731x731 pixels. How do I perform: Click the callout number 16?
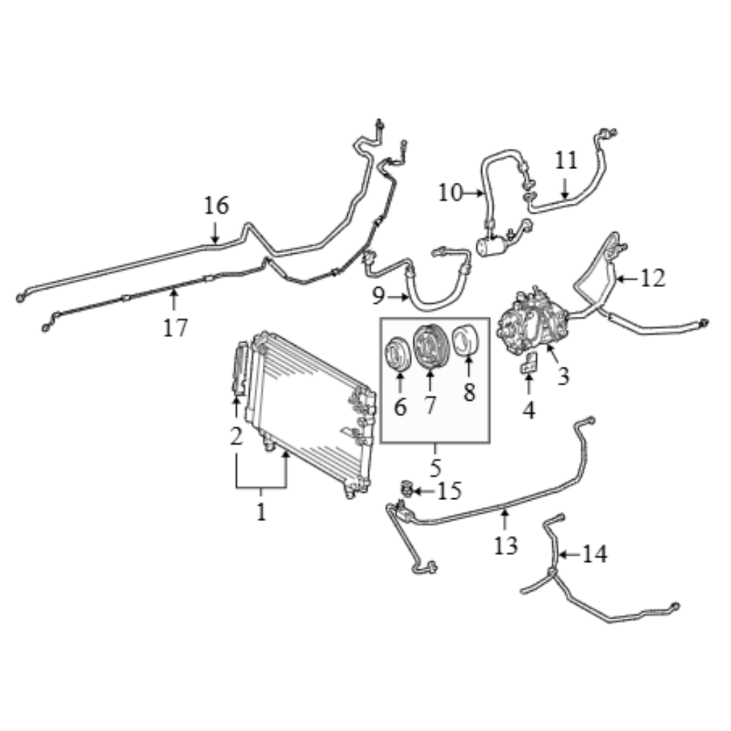pyautogui.click(x=217, y=206)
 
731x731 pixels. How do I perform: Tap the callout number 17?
pyautogui.click(x=175, y=328)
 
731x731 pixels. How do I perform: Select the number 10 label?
pyautogui.click(x=450, y=193)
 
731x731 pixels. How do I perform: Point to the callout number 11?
pyautogui.click(x=566, y=161)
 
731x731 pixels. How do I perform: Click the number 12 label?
pyautogui.click(x=652, y=279)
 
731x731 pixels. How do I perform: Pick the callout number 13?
pyautogui.click(x=506, y=545)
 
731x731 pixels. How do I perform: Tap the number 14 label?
pyautogui.click(x=596, y=554)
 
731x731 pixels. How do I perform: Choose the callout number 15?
pyautogui.click(x=449, y=491)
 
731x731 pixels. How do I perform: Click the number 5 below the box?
pyautogui.click(x=435, y=468)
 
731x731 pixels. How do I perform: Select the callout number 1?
pyautogui.click(x=261, y=512)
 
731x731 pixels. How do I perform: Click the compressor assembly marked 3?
pyautogui.click(x=533, y=322)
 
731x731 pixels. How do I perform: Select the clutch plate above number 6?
pyautogui.click(x=399, y=353)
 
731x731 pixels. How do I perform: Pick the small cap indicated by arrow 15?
pyautogui.click(x=406, y=489)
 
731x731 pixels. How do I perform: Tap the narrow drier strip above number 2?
pyautogui.click(x=240, y=369)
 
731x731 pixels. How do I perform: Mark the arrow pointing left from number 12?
pyautogui.click(x=627, y=280)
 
